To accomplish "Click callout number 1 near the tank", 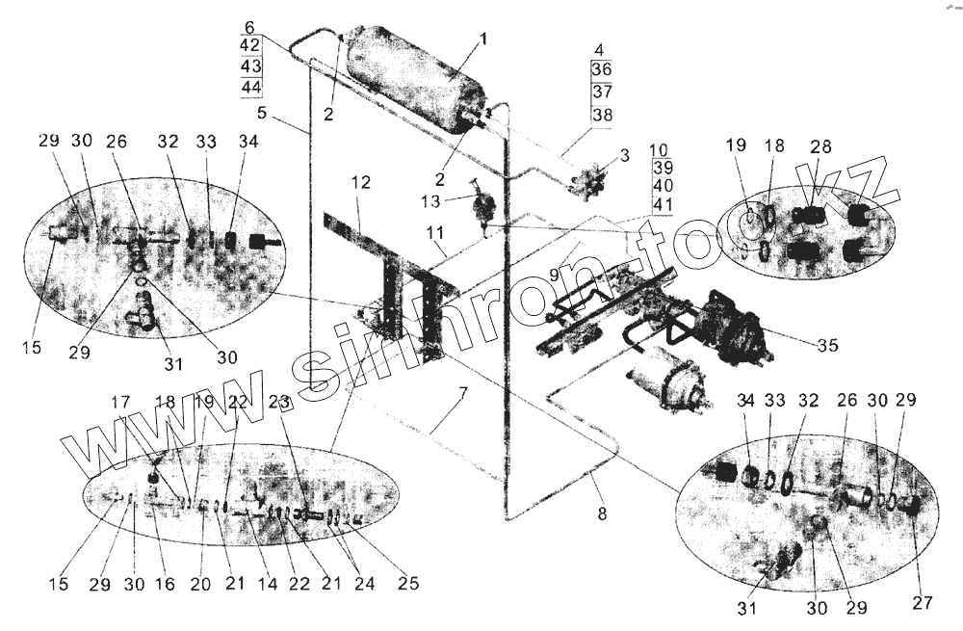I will tap(484, 40).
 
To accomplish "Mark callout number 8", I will tap(602, 514).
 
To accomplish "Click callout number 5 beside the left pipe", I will tap(261, 114).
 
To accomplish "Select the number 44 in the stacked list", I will tap(251, 87).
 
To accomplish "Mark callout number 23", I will tap(279, 406).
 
